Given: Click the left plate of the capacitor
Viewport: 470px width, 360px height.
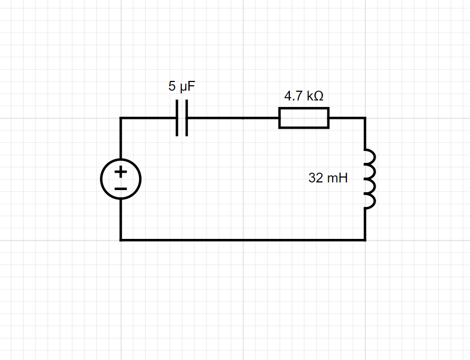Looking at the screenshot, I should click(x=178, y=118).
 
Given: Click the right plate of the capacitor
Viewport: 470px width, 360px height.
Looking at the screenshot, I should click(x=186, y=118).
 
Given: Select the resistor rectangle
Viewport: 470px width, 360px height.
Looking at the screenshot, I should click(x=303, y=118).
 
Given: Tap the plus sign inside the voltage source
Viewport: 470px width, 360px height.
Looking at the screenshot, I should click(x=120, y=172).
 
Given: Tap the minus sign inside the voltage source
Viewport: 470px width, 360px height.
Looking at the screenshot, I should click(x=120, y=188).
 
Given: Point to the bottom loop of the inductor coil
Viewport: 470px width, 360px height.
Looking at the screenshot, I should click(x=370, y=201).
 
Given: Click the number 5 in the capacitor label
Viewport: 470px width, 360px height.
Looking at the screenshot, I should click(x=172, y=86).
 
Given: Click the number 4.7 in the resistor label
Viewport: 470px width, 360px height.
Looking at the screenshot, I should click(x=294, y=96).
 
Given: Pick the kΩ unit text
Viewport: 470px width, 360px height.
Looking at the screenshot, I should click(x=315, y=96).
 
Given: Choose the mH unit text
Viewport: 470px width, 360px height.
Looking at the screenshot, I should click(x=337, y=178).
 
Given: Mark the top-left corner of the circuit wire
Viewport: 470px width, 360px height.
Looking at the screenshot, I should click(x=120, y=118).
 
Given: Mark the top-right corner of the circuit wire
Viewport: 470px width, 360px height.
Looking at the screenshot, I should click(x=365, y=118).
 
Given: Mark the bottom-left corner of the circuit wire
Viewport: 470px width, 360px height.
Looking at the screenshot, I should click(x=120, y=239).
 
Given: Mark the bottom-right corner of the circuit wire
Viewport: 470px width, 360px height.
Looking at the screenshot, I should click(x=365, y=239).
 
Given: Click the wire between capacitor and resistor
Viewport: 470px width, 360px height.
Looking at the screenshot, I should click(x=233, y=118).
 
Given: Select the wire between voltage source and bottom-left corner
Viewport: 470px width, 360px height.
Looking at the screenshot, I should click(x=120, y=219).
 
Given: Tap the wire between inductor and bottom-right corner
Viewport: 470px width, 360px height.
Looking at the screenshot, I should click(x=365, y=224).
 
